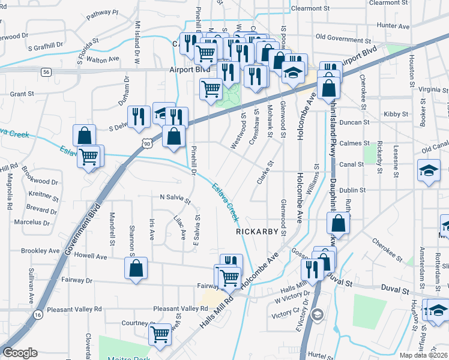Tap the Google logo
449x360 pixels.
click(20, 353)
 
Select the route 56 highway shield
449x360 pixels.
click(46, 71)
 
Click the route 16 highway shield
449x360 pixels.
click(38, 314)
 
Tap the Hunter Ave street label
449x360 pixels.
click(393, 26)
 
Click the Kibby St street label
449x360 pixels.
click(396, 113)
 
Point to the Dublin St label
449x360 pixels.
click(352, 190)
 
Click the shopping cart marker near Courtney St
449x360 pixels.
click(160, 334)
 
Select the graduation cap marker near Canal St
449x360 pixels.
click(429, 170)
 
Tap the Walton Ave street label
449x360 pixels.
click(103, 59)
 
